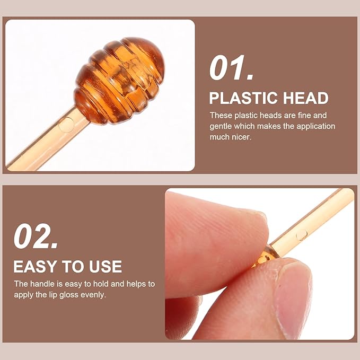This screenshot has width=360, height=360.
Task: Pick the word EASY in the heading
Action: tap(36, 266)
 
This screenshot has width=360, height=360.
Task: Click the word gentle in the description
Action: tap(223, 126)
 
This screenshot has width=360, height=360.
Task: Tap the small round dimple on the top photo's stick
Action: tap(66, 125)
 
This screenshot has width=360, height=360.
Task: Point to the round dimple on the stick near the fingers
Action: tap(301, 234)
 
